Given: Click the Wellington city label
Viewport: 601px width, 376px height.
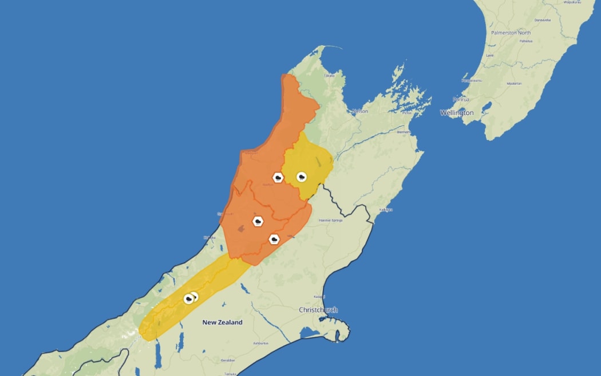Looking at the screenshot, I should [x=457, y=113].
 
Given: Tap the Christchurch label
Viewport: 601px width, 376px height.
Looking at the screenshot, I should [x=318, y=310].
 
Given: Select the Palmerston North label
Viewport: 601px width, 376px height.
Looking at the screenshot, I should [x=511, y=33].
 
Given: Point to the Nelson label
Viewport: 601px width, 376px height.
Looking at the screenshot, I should [x=360, y=111].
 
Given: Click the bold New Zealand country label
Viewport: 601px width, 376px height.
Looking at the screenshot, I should [x=222, y=322].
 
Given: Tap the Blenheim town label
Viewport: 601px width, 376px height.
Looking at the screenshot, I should [x=405, y=132].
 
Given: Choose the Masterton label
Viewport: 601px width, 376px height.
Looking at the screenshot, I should [x=514, y=84].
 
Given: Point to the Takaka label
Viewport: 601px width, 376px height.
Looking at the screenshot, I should [x=329, y=76].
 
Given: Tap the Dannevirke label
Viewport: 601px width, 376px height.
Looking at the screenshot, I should [x=542, y=20].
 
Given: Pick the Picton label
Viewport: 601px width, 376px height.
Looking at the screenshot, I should [x=407, y=113].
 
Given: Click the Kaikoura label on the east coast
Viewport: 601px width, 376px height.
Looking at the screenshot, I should [x=385, y=210].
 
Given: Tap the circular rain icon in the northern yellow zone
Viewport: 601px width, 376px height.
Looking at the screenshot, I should [x=302, y=177].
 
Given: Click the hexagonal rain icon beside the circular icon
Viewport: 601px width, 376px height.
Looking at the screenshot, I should [x=278, y=178].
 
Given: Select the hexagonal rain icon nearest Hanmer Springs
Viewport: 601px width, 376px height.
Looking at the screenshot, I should [x=274, y=239].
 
